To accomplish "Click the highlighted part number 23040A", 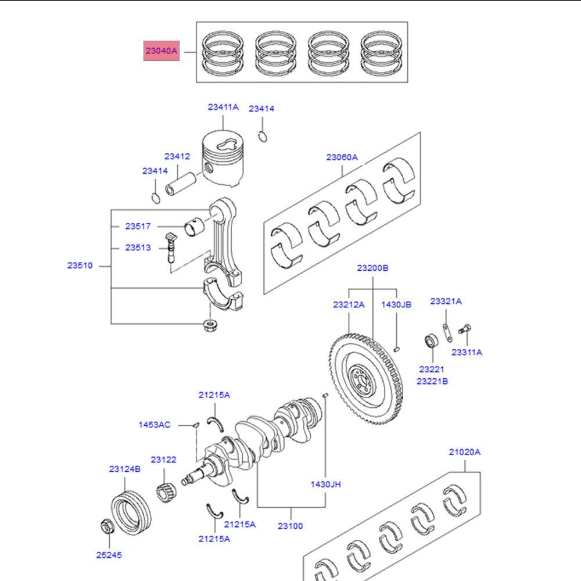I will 162,51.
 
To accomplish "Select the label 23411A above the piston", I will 223,107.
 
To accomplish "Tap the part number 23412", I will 177,156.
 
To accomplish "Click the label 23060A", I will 342,157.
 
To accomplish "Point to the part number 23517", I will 138,227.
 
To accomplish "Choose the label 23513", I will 138,248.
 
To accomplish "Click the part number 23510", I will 80,266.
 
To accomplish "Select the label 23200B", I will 372,268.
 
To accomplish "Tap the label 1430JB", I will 396,304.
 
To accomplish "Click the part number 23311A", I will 467,352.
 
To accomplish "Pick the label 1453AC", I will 154,425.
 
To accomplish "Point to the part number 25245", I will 109,555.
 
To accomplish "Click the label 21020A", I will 464,451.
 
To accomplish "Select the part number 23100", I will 290,526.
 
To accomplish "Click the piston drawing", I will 222,158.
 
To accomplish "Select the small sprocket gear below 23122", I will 166,494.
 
